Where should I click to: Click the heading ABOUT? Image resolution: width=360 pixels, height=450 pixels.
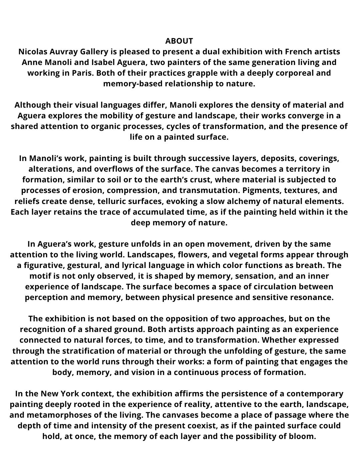[x=179, y=41]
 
